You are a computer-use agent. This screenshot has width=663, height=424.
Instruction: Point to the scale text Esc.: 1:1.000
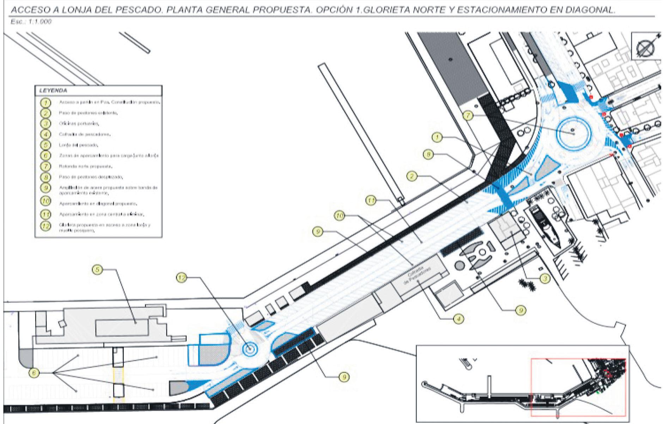(x=31, y=22)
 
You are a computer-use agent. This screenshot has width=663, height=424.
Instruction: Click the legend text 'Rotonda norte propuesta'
(x=86, y=166)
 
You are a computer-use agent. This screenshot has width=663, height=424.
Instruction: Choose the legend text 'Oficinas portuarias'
(x=79, y=124)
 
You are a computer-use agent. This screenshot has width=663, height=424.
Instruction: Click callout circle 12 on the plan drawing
(x=181, y=278)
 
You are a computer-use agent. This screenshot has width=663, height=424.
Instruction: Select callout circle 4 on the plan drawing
(x=458, y=319)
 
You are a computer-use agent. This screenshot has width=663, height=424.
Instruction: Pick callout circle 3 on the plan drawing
(x=545, y=278)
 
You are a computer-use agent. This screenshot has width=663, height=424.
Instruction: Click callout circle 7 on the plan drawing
(x=467, y=116)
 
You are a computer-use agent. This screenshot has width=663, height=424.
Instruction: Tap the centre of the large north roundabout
(x=573, y=134)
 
